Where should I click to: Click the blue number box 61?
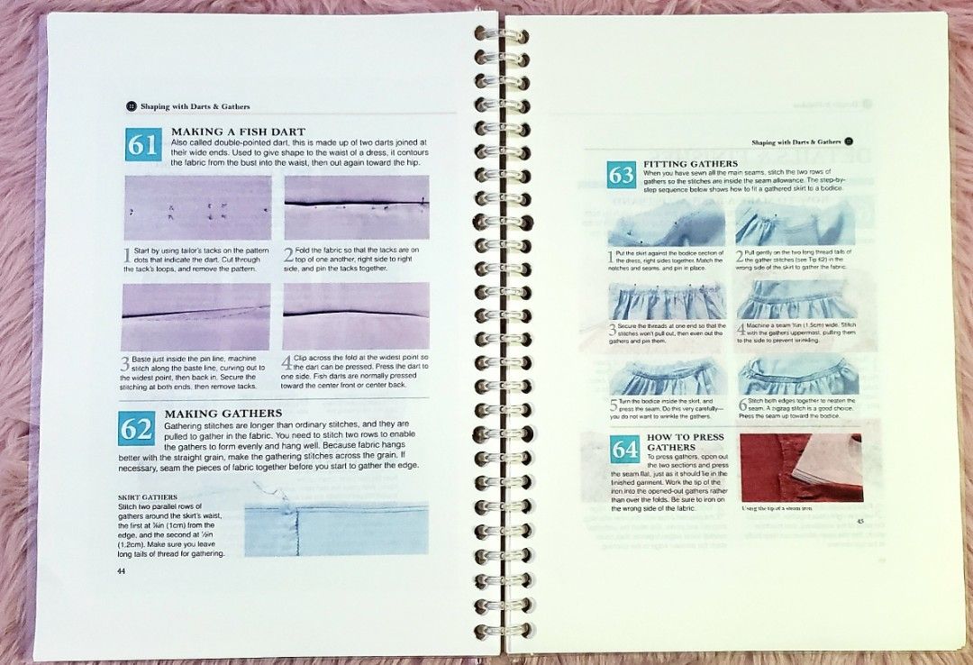coord(142,144)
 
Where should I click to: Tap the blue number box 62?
coord(136,428)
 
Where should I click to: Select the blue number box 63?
coord(622,175)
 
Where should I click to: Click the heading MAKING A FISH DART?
coord(238,132)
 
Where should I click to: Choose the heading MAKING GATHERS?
coord(223,414)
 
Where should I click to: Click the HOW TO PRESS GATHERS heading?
coord(684,442)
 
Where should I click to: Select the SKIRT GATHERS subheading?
coord(148,496)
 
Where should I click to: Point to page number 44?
coord(122,570)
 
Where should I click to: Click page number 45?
coord(859,521)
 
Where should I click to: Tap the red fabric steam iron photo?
coord(800,468)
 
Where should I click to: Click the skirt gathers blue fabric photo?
coord(337,527)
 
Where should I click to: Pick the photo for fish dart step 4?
coord(356,316)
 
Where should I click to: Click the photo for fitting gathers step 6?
coord(796,375)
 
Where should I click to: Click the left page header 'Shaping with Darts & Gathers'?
coord(195,106)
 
